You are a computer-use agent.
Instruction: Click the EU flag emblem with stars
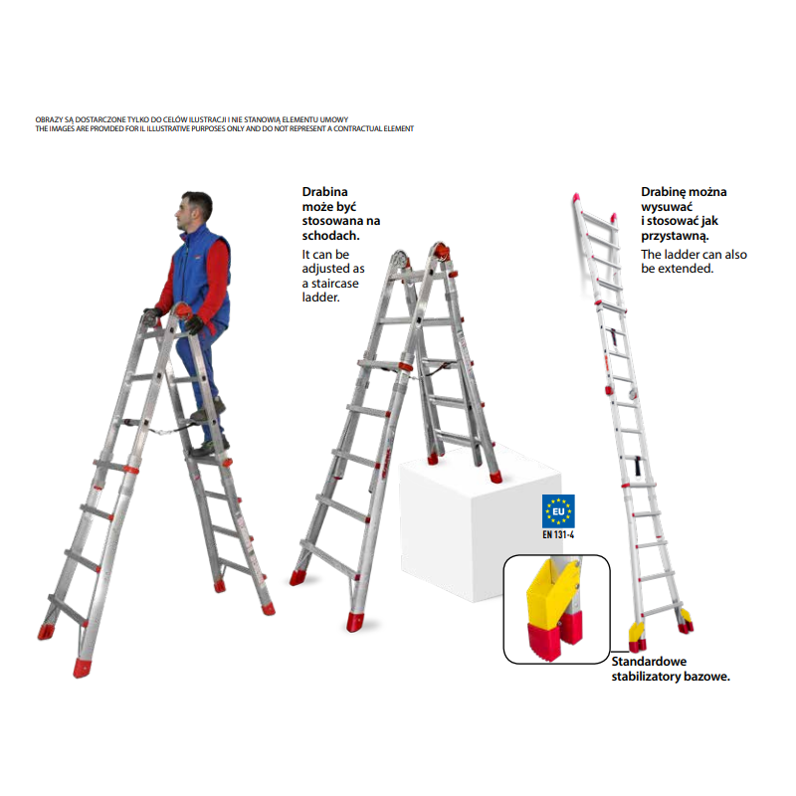tap(558, 511)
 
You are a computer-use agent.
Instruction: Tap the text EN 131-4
tap(558, 534)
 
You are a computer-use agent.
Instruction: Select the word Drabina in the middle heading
tap(325, 192)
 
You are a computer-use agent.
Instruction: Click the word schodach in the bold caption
tap(329, 236)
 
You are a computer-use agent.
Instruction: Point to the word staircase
tap(334, 284)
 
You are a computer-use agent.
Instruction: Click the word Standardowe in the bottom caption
tap(649, 662)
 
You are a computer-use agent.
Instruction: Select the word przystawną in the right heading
tap(675, 236)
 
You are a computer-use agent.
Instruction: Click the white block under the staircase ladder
tap(480, 528)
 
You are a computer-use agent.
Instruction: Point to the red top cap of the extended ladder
tap(576, 197)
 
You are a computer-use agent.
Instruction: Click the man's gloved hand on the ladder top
tap(194, 324)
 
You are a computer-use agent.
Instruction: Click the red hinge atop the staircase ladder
tap(440, 251)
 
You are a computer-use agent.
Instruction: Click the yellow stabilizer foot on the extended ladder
tap(636, 632)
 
